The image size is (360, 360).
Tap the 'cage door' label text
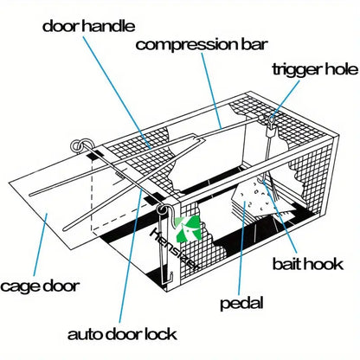(41, 285)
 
